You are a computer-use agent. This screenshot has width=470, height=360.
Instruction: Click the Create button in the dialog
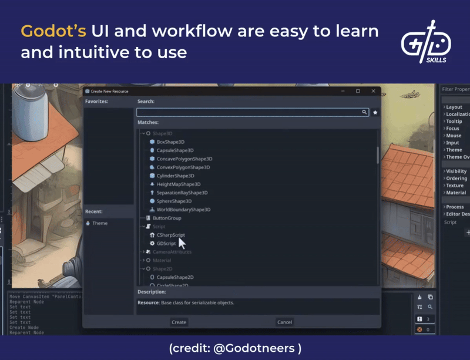click(179, 322)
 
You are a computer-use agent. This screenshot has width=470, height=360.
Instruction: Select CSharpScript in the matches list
click(170, 235)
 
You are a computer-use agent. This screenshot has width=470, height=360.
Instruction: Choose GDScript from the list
click(166, 243)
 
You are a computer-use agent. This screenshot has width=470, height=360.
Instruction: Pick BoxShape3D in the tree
click(170, 142)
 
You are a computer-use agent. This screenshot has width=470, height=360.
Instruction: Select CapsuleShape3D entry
click(174, 150)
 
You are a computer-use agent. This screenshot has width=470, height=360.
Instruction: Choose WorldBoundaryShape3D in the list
click(183, 210)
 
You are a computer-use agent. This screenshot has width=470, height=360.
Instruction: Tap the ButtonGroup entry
click(167, 218)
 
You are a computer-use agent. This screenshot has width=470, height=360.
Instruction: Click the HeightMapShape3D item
click(178, 184)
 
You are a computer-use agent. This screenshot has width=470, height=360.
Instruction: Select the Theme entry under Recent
click(100, 223)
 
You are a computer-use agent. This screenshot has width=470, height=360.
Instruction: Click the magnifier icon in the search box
click(365, 112)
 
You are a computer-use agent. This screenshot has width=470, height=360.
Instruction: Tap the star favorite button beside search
click(375, 112)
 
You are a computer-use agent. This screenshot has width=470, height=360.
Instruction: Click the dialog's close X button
click(373, 91)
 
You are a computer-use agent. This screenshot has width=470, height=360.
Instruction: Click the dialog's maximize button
click(358, 91)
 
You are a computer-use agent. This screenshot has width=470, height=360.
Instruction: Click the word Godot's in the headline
click(53, 32)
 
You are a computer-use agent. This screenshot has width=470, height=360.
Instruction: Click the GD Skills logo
click(425, 42)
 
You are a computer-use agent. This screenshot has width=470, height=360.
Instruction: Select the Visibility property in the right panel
click(456, 171)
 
